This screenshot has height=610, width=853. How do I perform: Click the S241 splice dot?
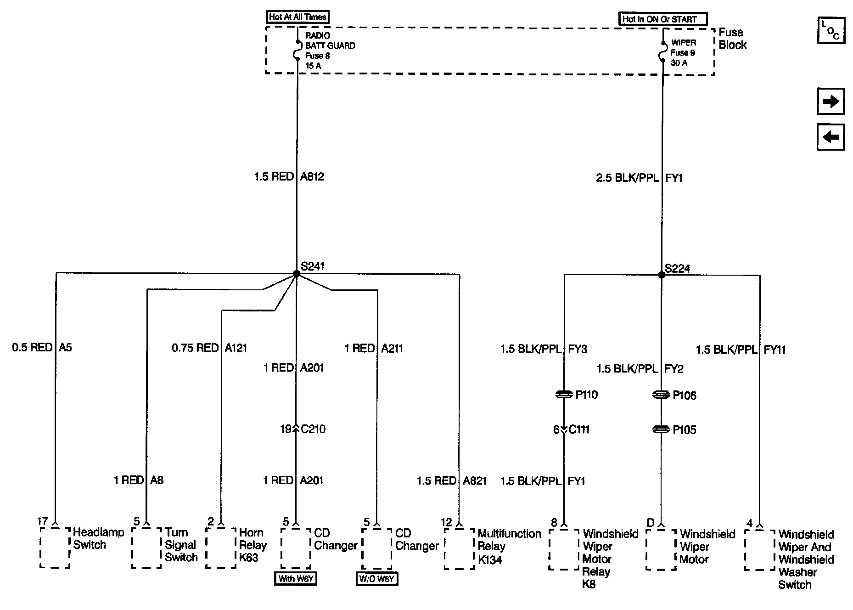point(297,274)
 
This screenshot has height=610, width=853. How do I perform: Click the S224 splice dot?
point(662,275)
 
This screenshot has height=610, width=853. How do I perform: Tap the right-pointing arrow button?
point(831,101)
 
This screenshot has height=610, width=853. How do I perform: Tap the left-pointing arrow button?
point(831,137)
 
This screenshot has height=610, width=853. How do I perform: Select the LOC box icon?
point(831,31)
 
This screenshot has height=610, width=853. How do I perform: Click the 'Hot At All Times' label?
point(297,17)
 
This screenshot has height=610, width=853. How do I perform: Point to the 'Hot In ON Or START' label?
point(662,19)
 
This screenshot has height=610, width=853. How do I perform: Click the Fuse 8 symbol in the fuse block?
point(297,50)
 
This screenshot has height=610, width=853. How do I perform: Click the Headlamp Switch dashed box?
point(55,547)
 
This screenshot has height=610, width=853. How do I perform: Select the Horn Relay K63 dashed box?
point(221,548)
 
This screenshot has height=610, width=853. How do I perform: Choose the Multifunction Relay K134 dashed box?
point(459,548)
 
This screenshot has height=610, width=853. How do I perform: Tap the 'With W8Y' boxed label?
point(296,578)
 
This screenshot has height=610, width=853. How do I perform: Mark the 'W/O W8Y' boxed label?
point(377,579)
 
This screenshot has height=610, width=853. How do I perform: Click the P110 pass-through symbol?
point(564,395)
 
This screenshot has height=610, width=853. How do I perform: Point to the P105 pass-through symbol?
point(661,429)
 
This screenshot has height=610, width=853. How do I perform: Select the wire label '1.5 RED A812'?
point(289,177)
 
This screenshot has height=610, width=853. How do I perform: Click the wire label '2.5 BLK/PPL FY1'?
point(639,178)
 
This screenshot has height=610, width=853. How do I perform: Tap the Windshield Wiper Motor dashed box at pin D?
point(661,549)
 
